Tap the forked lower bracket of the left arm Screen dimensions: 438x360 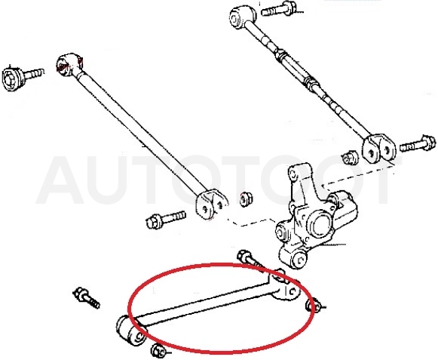tap(211, 203)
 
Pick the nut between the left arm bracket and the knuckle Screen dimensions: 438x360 tap(246, 199)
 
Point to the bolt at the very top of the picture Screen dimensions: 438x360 tap(280, 9)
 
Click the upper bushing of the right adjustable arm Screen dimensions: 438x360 tap(243, 17)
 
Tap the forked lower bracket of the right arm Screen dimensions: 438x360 tap(379, 148)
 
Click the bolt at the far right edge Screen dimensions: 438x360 tap(418, 145)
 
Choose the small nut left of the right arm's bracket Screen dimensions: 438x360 tap(350, 157)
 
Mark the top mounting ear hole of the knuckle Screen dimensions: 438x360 tap(293, 174)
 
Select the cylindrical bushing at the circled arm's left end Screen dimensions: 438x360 tap(131, 331)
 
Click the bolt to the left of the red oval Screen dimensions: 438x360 tap(86, 298)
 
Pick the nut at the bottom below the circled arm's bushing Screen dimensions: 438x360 tap(158, 350)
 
